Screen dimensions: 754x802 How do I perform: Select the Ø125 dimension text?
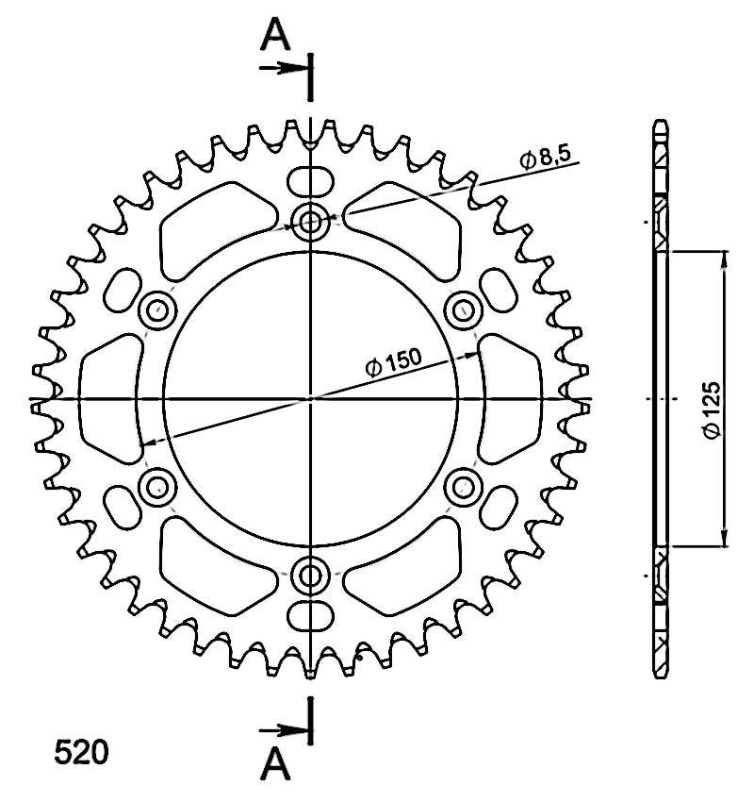click(x=711, y=409)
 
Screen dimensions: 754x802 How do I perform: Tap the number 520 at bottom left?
click(x=82, y=752)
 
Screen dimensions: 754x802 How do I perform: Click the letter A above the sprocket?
click(x=275, y=35)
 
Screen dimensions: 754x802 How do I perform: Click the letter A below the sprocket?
click(x=275, y=763)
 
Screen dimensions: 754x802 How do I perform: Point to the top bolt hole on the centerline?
click(x=309, y=222)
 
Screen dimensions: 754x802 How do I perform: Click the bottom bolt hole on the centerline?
click(x=309, y=576)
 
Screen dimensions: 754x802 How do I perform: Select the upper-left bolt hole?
click(x=157, y=310)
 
